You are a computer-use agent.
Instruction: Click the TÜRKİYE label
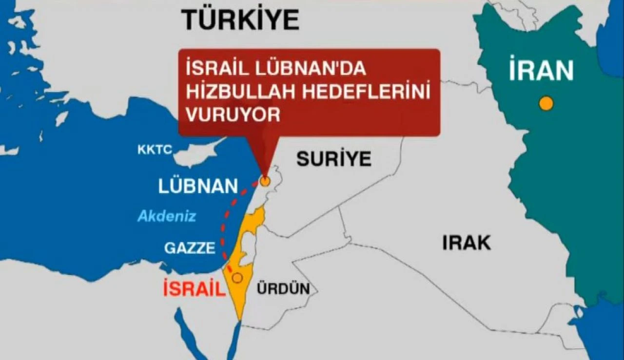pyautogui.click(x=240, y=20)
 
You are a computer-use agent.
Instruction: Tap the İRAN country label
pyautogui.click(x=541, y=71)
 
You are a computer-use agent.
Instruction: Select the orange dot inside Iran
pyautogui.click(x=546, y=103)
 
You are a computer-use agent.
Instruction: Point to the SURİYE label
pyautogui.click(x=334, y=159)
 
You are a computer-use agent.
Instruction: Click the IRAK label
pyautogui.click(x=467, y=242)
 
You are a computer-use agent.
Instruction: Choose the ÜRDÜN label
pyautogui.click(x=283, y=289)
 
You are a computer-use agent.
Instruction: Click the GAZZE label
pyautogui.click(x=190, y=248)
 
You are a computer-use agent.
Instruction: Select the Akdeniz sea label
pyautogui.click(x=167, y=216)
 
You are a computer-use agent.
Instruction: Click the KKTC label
pyautogui.click(x=155, y=150)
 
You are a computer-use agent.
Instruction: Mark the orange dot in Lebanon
pyautogui.click(x=265, y=181)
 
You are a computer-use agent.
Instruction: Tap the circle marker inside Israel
pyautogui.click(x=237, y=278)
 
